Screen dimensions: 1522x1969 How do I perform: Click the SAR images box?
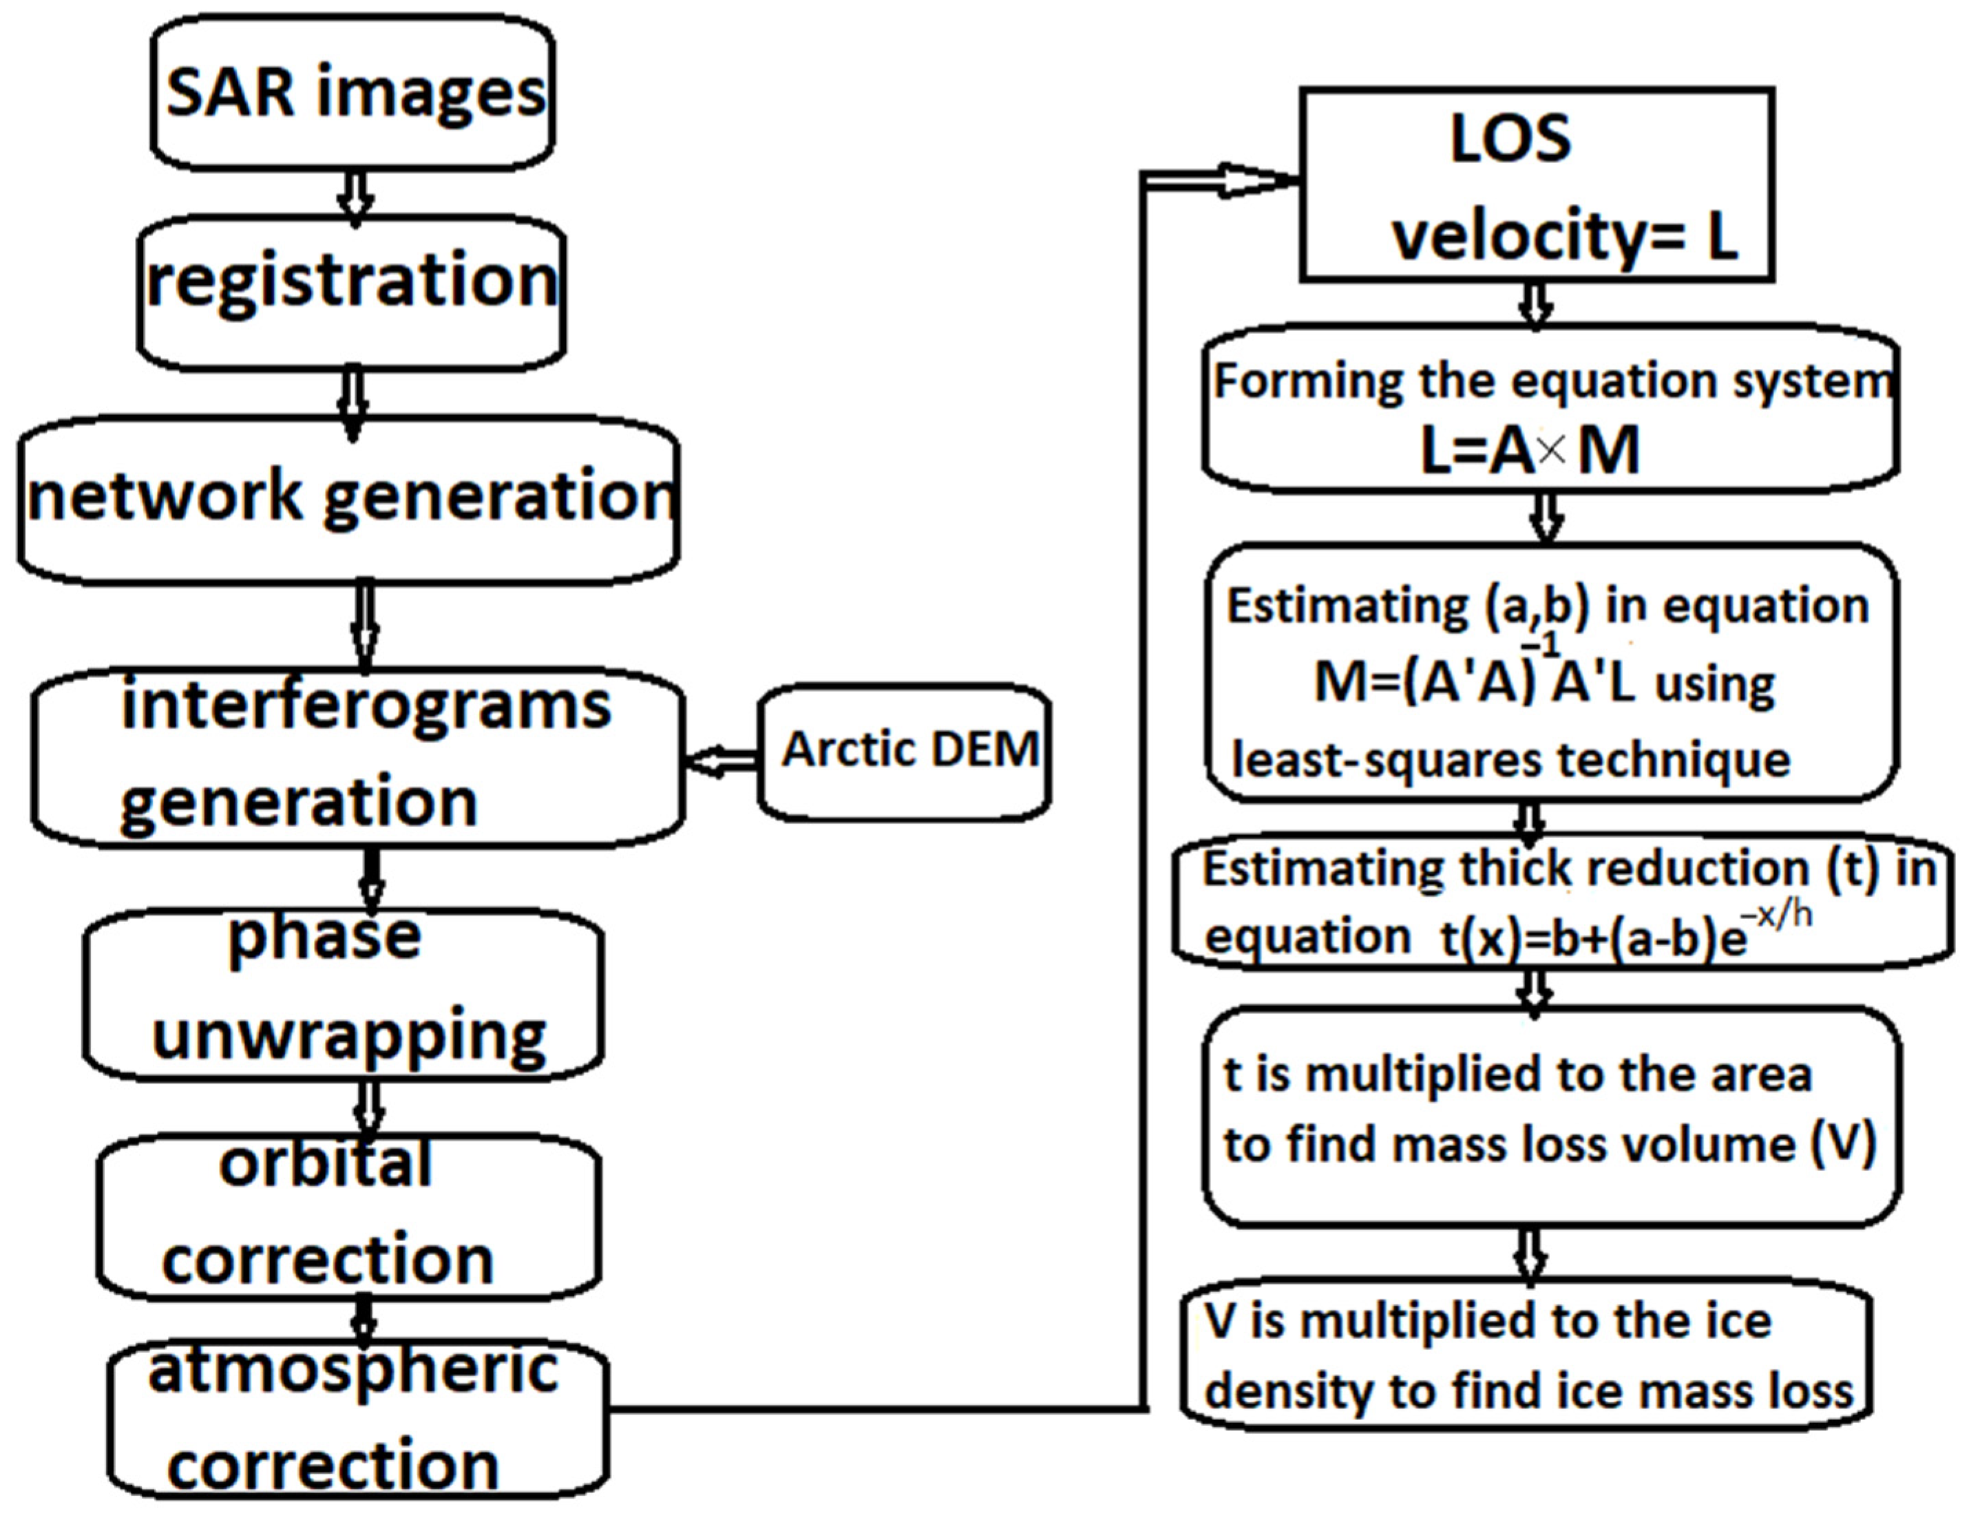coord(352,93)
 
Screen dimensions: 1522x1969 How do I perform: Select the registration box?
coord(352,290)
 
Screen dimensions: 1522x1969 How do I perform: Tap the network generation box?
coord(349,498)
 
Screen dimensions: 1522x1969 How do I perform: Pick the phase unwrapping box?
coord(344,993)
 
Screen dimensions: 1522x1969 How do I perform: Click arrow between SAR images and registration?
coord(355,195)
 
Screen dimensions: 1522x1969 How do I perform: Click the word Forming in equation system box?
coord(1307,381)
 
